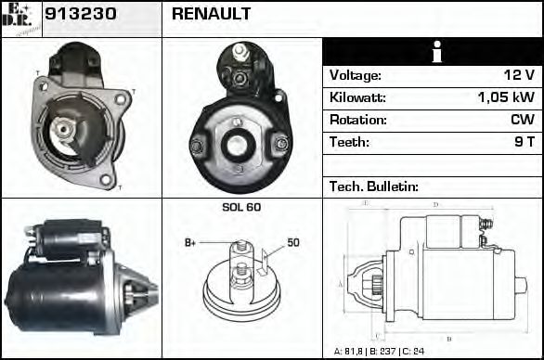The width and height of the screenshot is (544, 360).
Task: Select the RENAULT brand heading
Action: [211, 15]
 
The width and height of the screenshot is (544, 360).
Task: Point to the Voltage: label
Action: [355, 75]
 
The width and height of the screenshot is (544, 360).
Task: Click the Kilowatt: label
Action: [357, 97]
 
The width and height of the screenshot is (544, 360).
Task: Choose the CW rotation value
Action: [522, 120]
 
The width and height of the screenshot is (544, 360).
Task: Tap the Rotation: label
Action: [356, 120]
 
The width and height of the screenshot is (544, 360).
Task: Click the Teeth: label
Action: [349, 142]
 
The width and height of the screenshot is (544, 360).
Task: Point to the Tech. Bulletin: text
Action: [374, 186]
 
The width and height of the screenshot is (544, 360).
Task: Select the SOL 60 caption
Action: [240, 207]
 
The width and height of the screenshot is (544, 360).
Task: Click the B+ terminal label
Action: [190, 243]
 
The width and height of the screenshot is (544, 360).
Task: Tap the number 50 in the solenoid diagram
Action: [292, 243]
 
